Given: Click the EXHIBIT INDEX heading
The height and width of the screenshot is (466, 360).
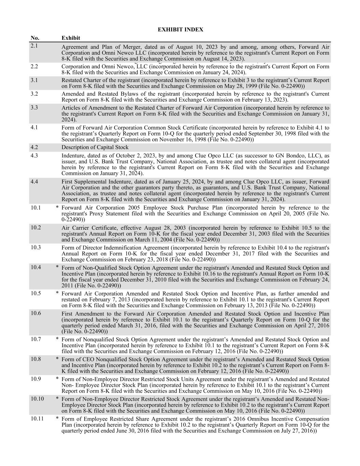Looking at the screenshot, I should click(180, 30).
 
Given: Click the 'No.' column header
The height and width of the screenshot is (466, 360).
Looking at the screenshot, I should click(35, 38).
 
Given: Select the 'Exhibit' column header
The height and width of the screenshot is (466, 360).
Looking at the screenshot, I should click(71, 38).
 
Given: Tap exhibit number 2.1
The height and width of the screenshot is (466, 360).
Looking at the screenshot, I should click(34, 45).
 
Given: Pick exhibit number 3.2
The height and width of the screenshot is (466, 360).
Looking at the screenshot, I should click(34, 94).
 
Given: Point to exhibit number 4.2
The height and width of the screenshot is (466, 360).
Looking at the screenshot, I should click(34, 147).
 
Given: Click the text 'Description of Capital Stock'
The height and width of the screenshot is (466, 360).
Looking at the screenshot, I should click(95, 147).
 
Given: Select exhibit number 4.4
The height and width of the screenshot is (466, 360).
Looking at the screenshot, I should click(34, 182).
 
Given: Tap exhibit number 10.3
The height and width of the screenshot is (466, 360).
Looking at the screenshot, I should click(35, 248).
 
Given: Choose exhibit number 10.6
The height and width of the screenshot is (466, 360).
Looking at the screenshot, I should click(35, 313).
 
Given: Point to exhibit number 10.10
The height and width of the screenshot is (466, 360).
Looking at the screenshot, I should click(37, 399).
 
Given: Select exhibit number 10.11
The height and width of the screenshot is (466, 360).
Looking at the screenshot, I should click(37, 419).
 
